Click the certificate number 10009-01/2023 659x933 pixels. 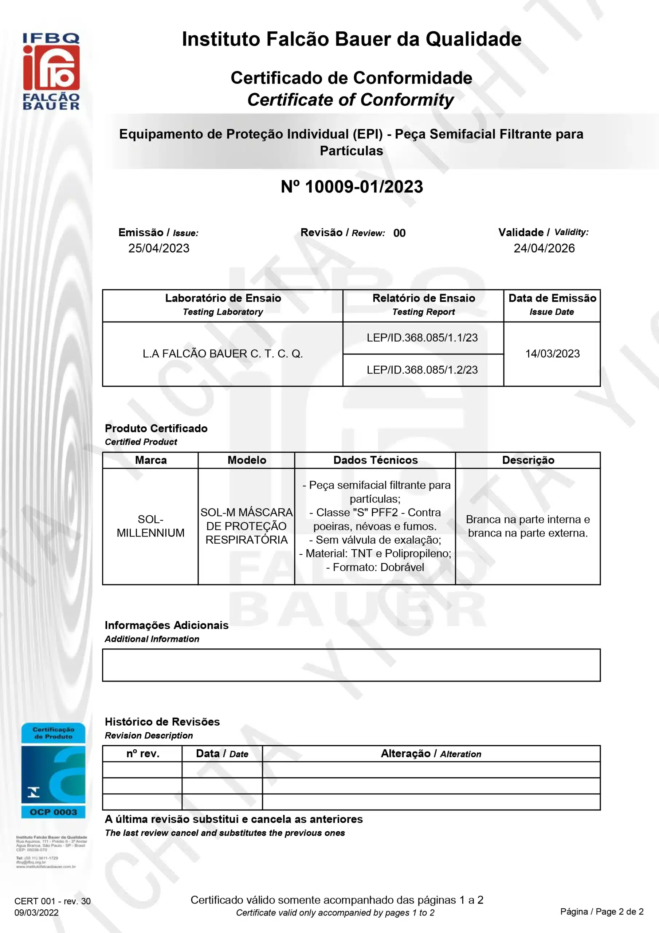(x=352, y=187)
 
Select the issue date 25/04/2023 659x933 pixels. (x=159, y=248)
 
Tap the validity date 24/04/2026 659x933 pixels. (x=544, y=248)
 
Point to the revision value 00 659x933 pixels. (x=399, y=233)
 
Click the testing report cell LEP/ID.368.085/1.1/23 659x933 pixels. (x=422, y=338)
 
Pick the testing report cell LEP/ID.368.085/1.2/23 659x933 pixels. (x=422, y=370)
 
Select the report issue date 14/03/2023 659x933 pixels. (x=552, y=354)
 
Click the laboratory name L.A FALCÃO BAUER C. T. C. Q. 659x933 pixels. (x=223, y=354)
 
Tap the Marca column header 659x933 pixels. (x=151, y=460)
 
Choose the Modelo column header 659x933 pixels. (x=247, y=460)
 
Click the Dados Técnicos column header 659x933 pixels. (x=376, y=460)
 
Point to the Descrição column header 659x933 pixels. (x=528, y=460)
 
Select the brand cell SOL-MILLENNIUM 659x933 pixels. (x=151, y=526)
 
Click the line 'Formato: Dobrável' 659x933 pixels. (x=375, y=567)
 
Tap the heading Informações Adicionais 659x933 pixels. (x=166, y=625)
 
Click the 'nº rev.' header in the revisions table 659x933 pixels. (x=142, y=754)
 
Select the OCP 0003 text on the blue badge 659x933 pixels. (x=53, y=812)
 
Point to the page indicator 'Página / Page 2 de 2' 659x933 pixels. (x=602, y=911)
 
